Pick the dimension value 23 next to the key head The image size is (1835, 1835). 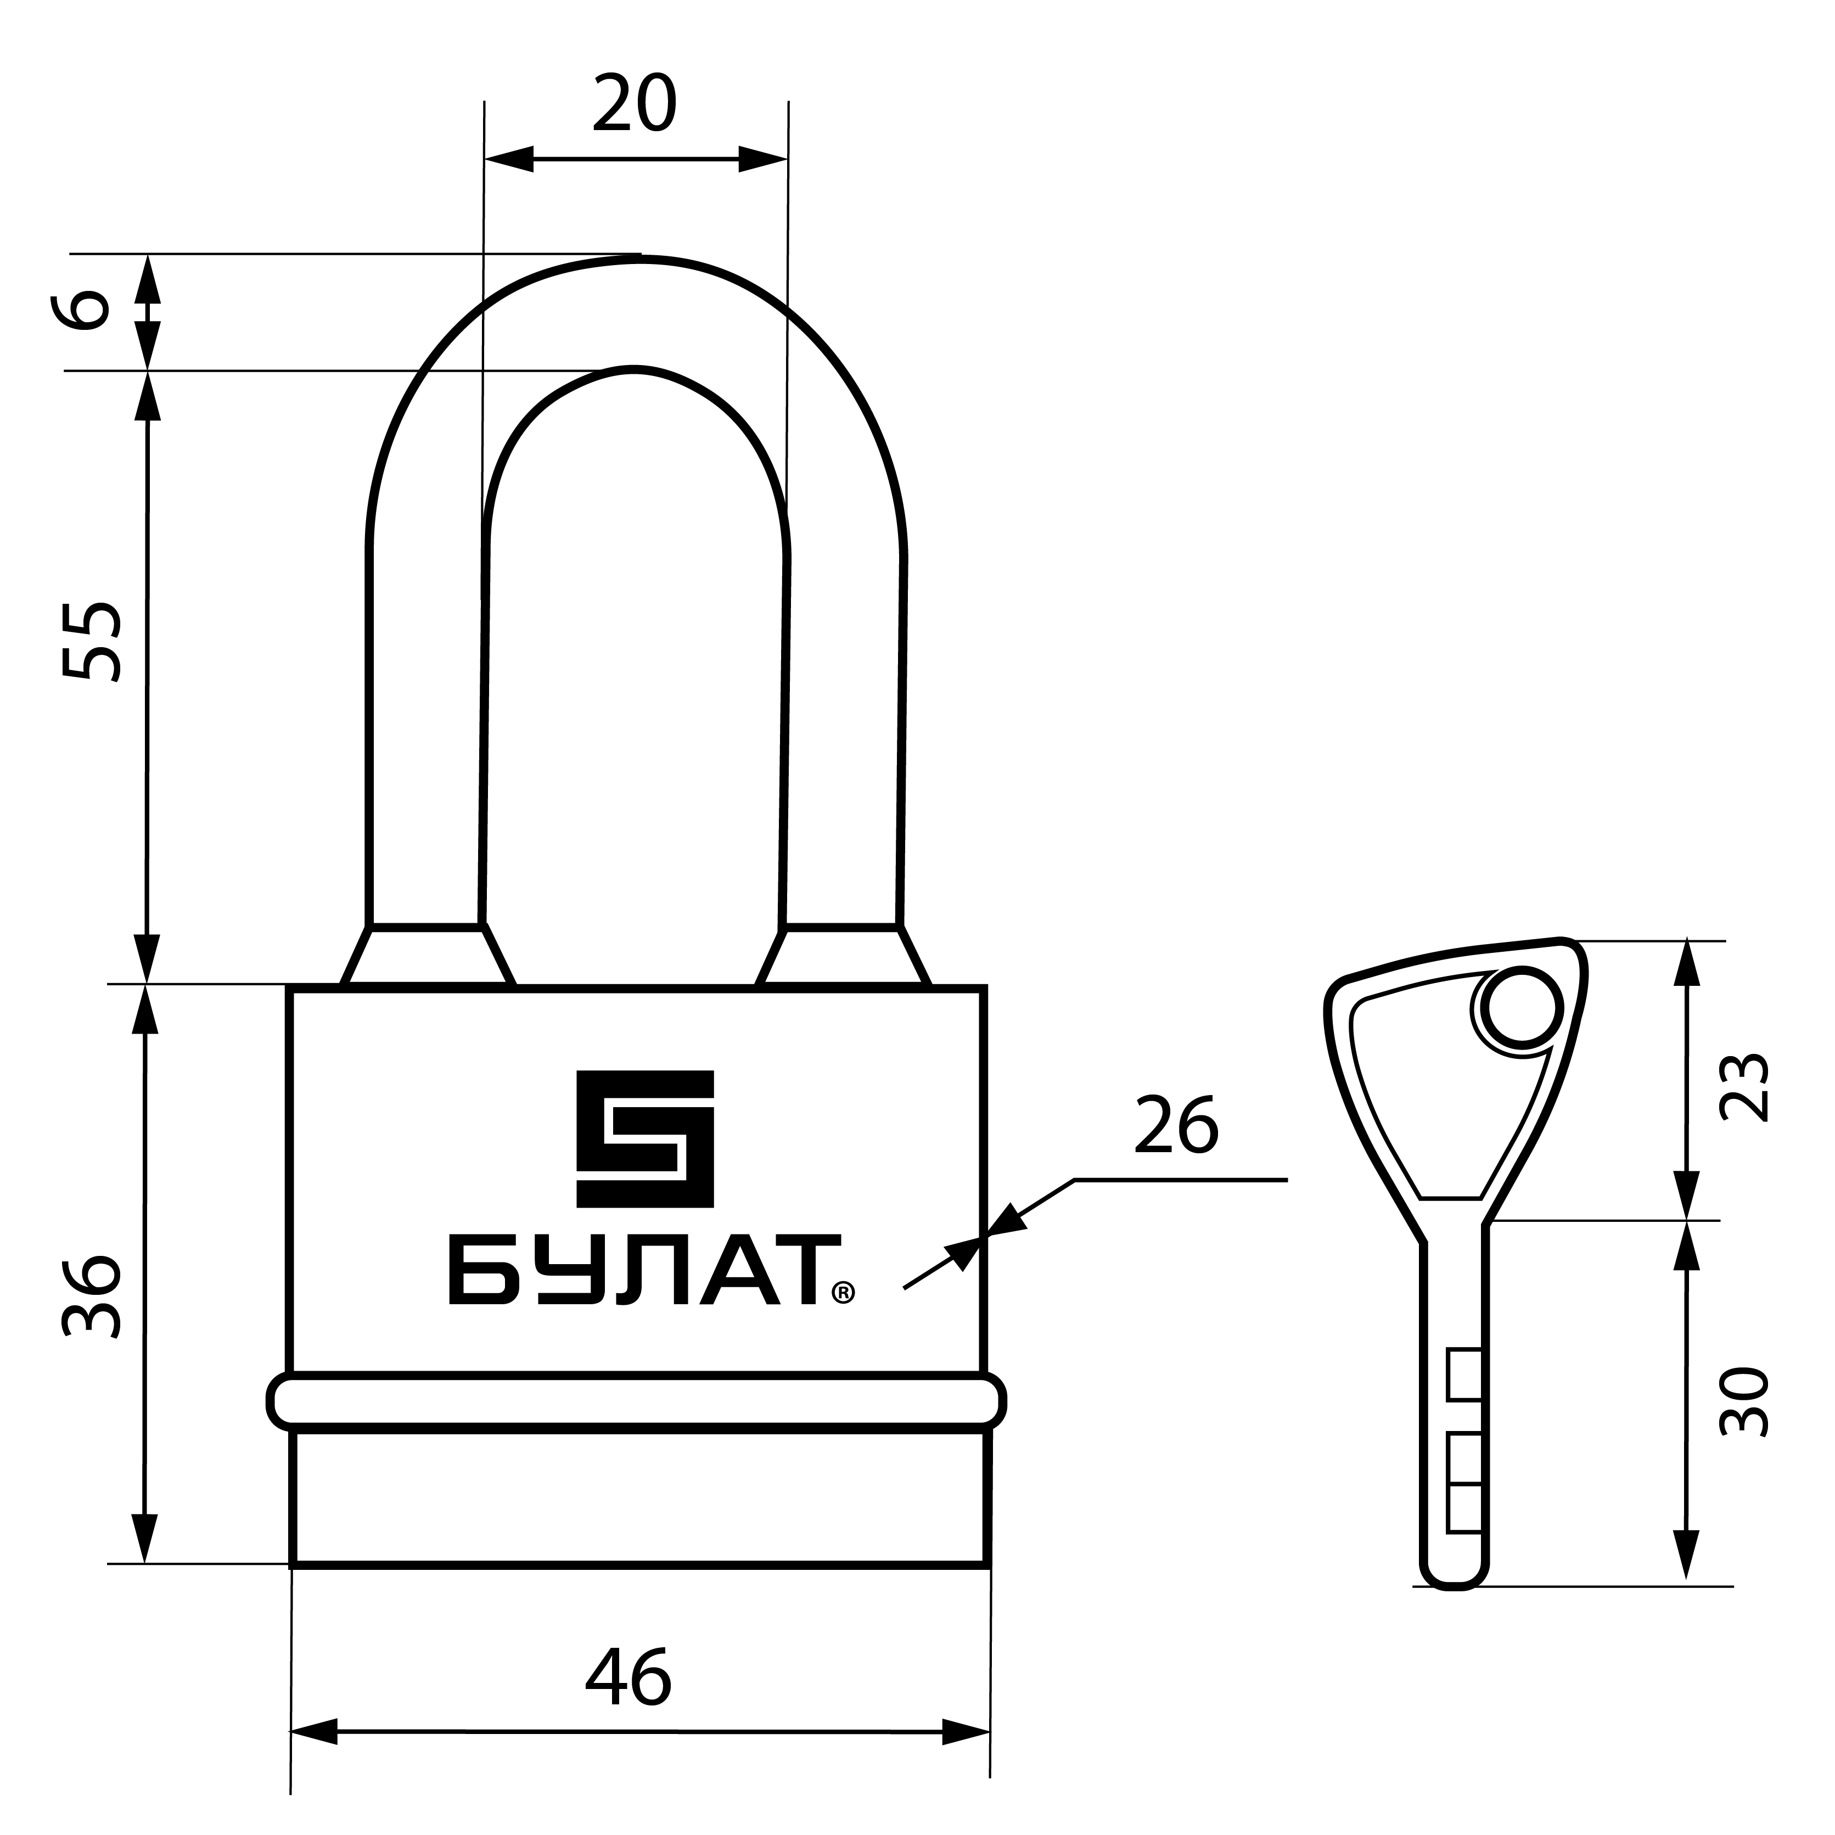1746,1087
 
